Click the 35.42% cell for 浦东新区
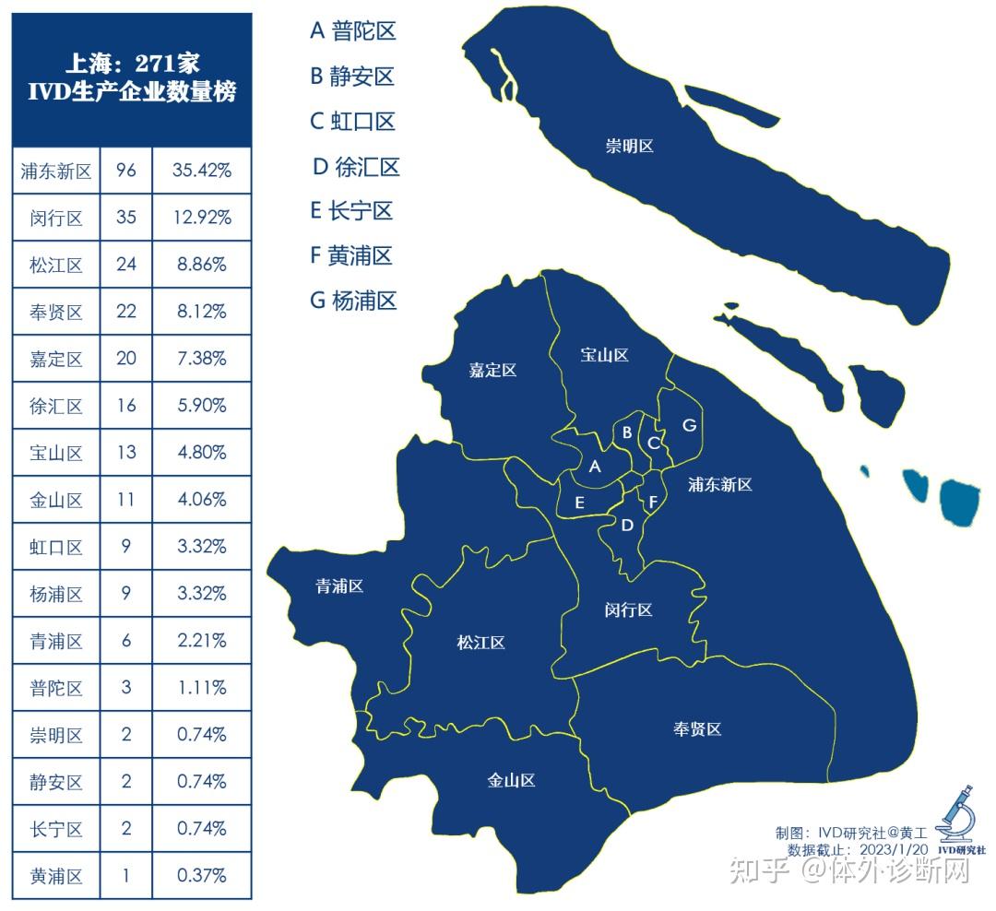point(201,171)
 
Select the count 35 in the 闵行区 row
point(126,218)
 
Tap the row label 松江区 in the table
point(56,266)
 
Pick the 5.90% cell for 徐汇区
point(201,406)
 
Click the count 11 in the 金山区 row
point(126,500)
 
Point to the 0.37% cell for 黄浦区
point(201,875)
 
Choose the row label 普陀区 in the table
point(56,688)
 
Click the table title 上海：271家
point(132,64)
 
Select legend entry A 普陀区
point(352,31)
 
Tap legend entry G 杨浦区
point(353,300)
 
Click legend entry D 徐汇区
point(356,167)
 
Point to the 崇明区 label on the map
point(629,146)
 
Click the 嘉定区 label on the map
point(492,371)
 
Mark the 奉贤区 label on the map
point(696,728)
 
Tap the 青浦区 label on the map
point(339,586)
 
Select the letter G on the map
point(688,425)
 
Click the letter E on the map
point(579,503)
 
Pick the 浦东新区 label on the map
point(720,484)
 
